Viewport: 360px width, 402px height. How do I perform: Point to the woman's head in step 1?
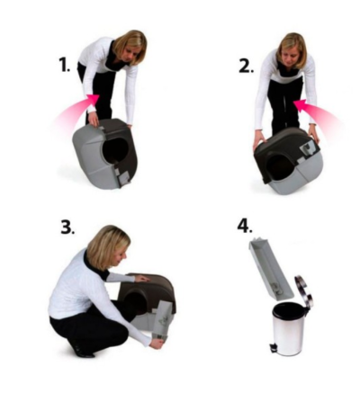pyautogui.click(x=130, y=47)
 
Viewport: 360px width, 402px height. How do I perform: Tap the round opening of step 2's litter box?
pyautogui.click(x=277, y=165)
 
